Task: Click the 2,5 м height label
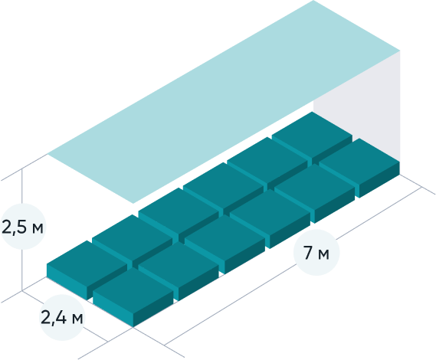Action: coord(22,227)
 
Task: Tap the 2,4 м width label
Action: coord(62,317)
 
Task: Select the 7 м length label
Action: coord(316,253)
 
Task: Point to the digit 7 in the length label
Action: coord(308,253)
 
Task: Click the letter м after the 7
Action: coord(323,254)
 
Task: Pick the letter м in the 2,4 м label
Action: coord(77,319)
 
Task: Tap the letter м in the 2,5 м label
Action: coord(38,228)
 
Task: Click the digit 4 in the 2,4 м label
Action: coord(61,317)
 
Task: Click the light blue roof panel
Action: coord(224,102)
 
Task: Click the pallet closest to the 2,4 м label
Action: coord(133,297)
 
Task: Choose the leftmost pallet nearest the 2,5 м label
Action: coord(87,270)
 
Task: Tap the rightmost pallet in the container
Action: coord(359,168)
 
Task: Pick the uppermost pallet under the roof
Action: coord(312,138)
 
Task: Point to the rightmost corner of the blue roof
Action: coord(400,51)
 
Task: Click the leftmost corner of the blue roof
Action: coord(48,154)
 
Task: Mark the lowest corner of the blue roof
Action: coord(133,204)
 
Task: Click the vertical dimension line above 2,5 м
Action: coord(22,186)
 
